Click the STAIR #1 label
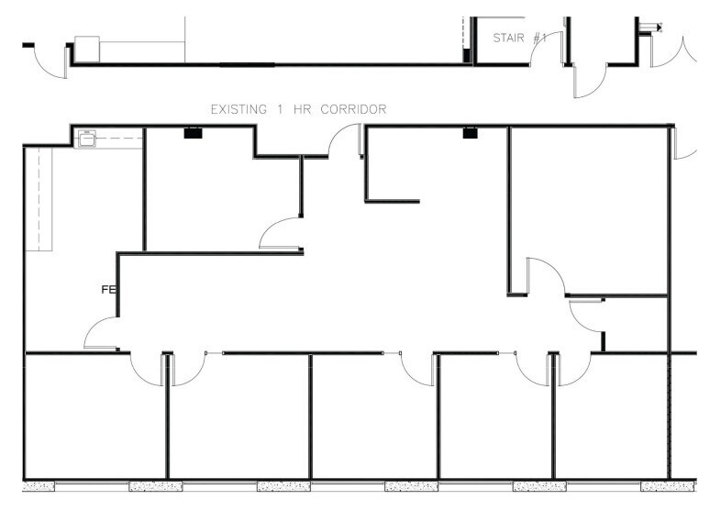click(x=520, y=38)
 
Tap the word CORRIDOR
click(x=353, y=109)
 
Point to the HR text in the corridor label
click(x=301, y=109)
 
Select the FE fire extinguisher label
click(x=107, y=290)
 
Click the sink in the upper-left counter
click(x=88, y=139)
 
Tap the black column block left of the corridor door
click(x=193, y=133)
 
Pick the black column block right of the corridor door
click(x=470, y=133)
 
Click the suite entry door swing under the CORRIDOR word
click(x=346, y=141)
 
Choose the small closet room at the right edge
click(x=636, y=323)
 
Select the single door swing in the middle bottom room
click(x=418, y=369)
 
